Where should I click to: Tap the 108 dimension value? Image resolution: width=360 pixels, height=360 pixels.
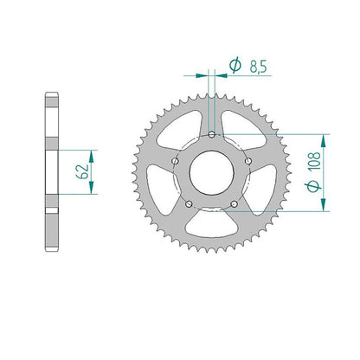click(314, 161)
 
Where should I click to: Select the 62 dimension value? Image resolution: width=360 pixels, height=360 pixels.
click(82, 172)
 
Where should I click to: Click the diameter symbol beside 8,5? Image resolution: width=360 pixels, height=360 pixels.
click(235, 65)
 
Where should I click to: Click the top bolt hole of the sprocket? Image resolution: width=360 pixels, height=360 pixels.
click(212, 134)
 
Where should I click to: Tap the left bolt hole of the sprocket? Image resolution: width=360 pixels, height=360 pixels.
click(175, 161)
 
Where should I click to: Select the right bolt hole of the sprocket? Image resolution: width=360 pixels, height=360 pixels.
click(248, 161)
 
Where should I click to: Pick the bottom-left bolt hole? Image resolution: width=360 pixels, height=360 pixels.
click(189, 204)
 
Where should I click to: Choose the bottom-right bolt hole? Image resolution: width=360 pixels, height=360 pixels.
click(235, 204)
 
